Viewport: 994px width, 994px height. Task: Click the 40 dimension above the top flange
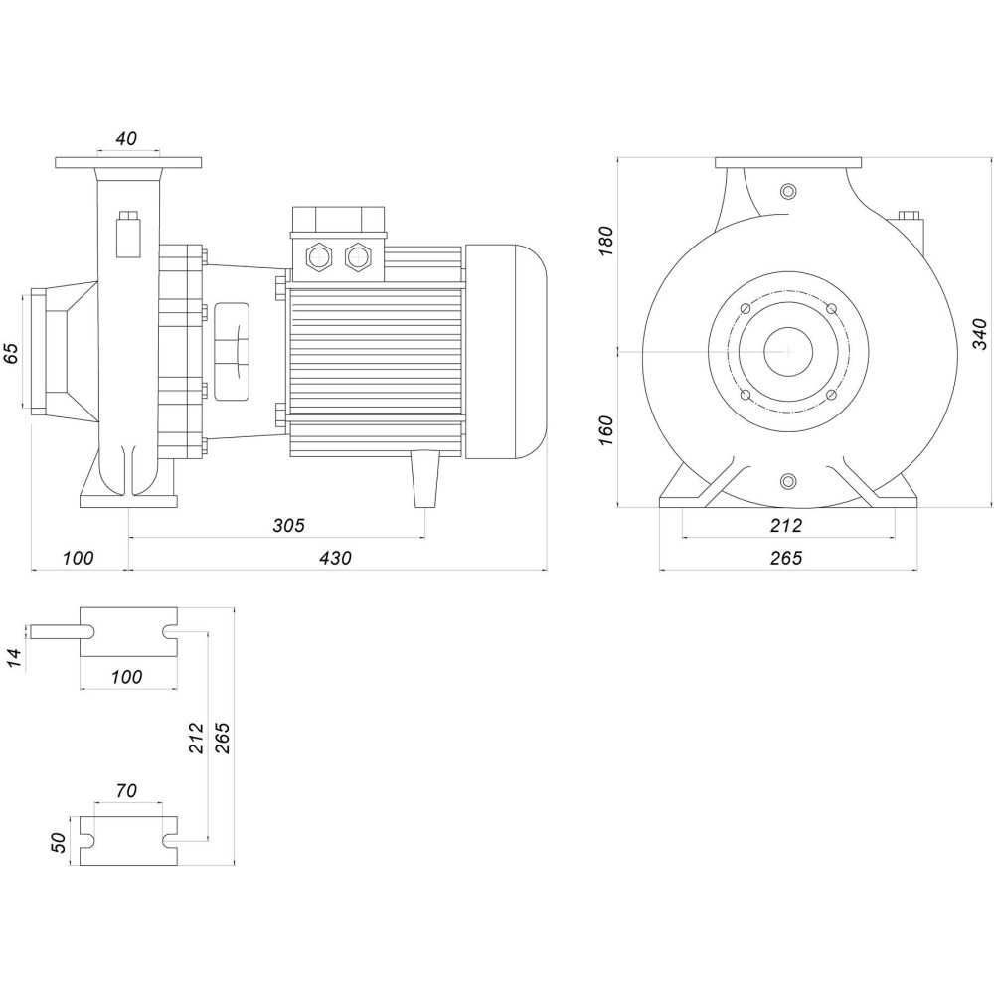tap(126, 139)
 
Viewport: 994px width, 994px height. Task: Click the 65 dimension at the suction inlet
tap(12, 353)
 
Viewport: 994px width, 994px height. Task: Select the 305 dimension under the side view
tap(289, 524)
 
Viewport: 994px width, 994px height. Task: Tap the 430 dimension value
tap(337, 558)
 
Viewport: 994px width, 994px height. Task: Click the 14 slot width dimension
tap(14, 657)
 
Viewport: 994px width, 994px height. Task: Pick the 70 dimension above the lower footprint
tap(126, 791)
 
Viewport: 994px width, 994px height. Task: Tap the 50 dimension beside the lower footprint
tap(58, 842)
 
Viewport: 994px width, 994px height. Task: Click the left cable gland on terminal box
tap(320, 258)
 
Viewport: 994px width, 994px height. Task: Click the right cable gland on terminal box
tap(356, 258)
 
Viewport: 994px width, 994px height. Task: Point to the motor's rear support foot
tap(424, 477)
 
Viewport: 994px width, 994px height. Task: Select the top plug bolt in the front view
tap(788, 191)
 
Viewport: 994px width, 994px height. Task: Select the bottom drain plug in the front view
tap(788, 482)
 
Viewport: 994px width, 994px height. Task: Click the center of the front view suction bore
tap(788, 351)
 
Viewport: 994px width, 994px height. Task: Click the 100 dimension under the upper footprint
tap(126, 677)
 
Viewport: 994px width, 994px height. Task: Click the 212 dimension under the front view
tap(785, 524)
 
